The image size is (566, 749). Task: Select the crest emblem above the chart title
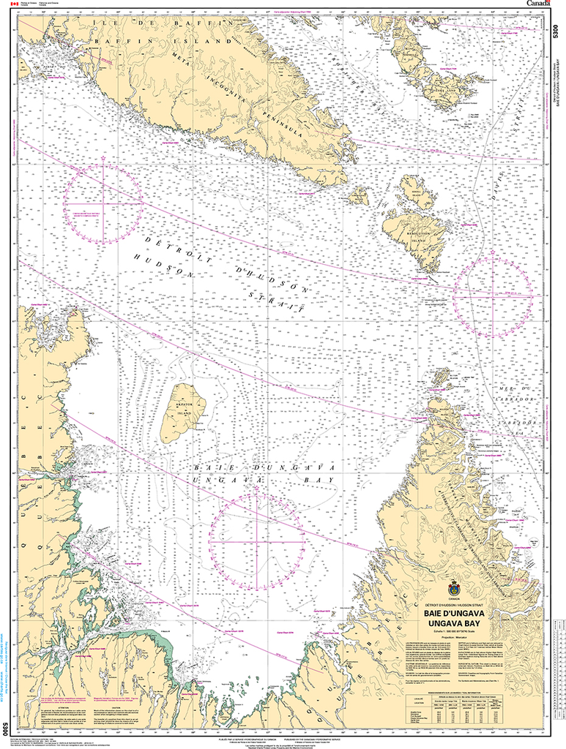click(454, 590)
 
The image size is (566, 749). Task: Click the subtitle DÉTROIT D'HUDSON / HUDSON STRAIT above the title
click(454, 605)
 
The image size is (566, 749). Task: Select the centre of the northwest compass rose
click(103, 203)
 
